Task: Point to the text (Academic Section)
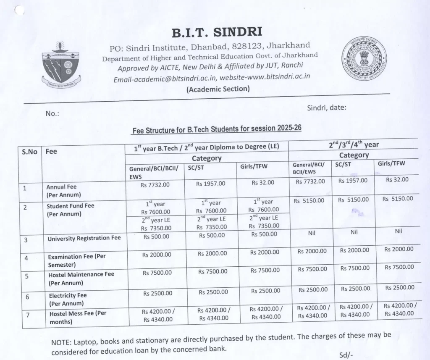(x=218, y=89)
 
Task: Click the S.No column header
(x=29, y=152)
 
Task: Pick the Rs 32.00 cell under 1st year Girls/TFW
(x=263, y=183)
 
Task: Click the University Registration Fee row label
(x=84, y=238)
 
